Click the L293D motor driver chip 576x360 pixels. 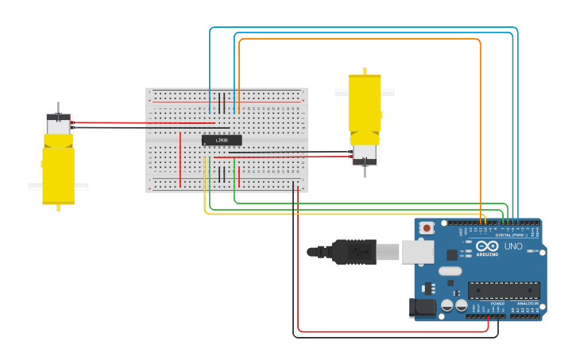pos(222,141)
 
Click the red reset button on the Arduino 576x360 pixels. pos(427,228)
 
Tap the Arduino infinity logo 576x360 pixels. pos(488,246)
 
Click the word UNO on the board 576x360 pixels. pos(513,246)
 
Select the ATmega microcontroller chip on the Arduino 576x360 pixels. pos(504,290)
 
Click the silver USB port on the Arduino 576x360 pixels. pos(416,252)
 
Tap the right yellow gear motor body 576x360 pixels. pos(365,103)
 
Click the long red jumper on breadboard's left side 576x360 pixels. pos(180,159)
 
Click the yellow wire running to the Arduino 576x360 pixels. pos(318,214)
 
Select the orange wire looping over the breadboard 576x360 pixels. pos(358,39)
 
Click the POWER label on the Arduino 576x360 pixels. pos(497,304)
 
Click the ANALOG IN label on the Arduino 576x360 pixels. pos(527,304)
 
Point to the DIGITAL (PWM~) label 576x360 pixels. pos(514,234)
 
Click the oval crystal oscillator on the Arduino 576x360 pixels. pos(450,271)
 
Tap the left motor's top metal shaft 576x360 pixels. pos(58,107)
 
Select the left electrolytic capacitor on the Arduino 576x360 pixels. pos(447,305)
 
